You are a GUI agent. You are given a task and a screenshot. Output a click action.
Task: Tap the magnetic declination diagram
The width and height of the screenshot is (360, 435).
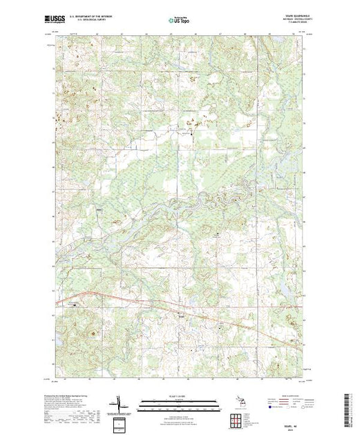point(120,403)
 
